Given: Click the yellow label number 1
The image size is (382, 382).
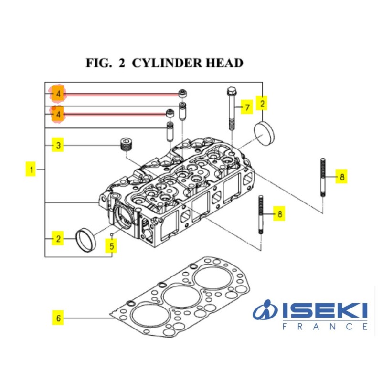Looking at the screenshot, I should (31, 169).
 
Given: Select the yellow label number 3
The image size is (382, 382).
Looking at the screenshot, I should (58, 145).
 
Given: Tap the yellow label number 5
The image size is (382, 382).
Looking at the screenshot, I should (112, 247).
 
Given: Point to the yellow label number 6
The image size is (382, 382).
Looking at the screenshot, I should (58, 318).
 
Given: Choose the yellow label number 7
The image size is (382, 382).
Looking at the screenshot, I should (246, 108).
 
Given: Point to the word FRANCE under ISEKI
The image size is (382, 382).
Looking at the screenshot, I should (325, 327).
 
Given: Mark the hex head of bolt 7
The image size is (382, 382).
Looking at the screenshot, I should (231, 90).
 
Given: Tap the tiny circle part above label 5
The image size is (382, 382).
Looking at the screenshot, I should (111, 235).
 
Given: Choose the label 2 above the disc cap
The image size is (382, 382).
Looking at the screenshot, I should (262, 103).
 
